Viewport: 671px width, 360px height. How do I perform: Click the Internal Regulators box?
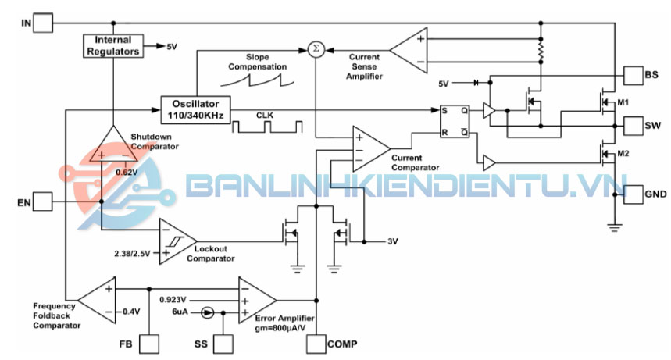(x=112, y=45)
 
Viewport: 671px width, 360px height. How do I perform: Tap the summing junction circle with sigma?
(x=316, y=49)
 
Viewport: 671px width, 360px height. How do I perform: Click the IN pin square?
(x=45, y=22)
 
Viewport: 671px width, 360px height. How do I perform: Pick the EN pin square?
(x=45, y=203)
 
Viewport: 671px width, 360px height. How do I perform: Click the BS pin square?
(x=632, y=75)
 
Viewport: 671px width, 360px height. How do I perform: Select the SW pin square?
(x=632, y=125)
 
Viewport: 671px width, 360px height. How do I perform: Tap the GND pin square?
(x=632, y=194)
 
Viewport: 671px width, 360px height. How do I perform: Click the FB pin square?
(x=148, y=344)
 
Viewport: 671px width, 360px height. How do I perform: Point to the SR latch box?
(x=454, y=121)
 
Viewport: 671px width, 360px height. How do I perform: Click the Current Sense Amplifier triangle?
(x=412, y=49)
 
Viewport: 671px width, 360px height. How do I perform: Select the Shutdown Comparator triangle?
(x=114, y=145)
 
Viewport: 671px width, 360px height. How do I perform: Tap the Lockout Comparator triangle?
(x=174, y=241)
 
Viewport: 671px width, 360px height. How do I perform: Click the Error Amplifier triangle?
(x=255, y=299)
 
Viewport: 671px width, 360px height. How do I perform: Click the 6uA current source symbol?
(x=206, y=312)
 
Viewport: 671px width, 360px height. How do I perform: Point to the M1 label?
(x=623, y=102)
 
